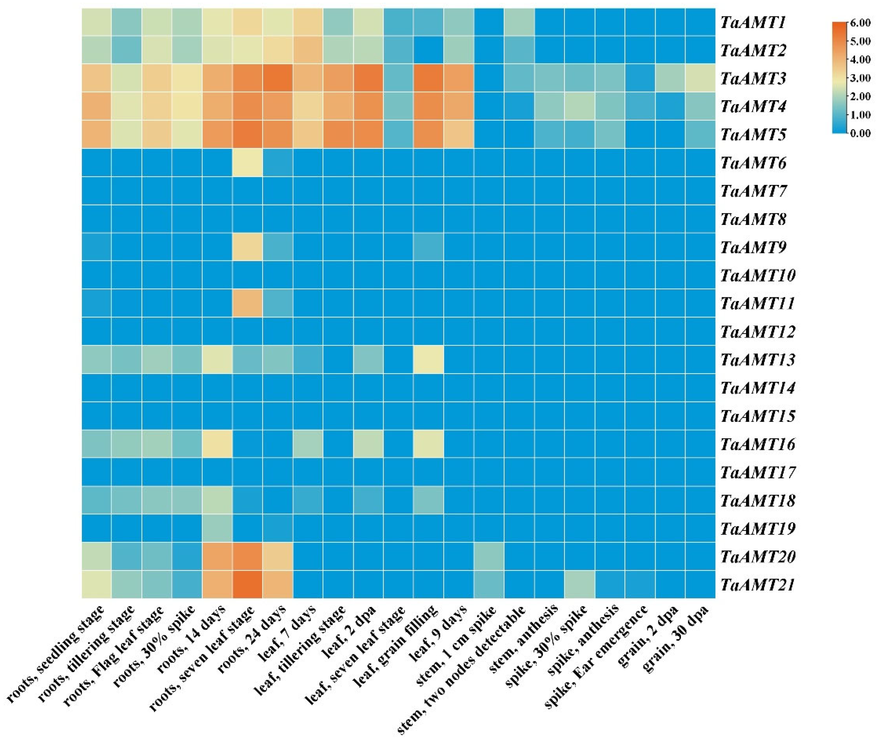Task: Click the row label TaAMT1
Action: click(752, 22)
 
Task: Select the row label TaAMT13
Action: click(757, 359)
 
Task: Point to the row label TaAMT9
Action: click(752, 247)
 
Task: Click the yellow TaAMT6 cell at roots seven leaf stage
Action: click(247, 163)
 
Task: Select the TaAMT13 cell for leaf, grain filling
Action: click(429, 359)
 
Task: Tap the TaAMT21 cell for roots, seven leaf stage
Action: click(247, 584)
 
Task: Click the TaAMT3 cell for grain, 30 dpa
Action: click(700, 78)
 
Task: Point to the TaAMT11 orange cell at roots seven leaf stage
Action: click(247, 303)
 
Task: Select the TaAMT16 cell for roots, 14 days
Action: click(217, 444)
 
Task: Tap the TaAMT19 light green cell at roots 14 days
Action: click(217, 528)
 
